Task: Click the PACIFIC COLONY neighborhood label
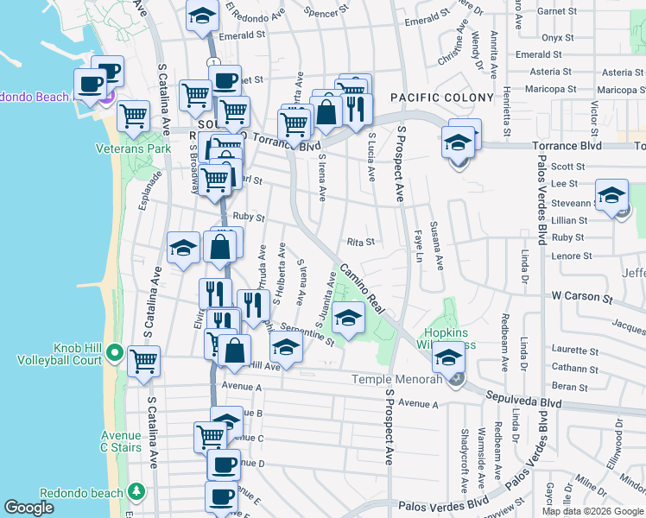(441, 98)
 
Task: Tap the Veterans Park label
(133, 148)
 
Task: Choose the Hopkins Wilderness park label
(449, 338)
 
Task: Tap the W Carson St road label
(581, 296)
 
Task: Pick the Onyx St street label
(557, 38)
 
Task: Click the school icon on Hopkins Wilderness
(448, 356)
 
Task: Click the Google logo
(29, 508)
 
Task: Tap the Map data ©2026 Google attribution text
(592, 511)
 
